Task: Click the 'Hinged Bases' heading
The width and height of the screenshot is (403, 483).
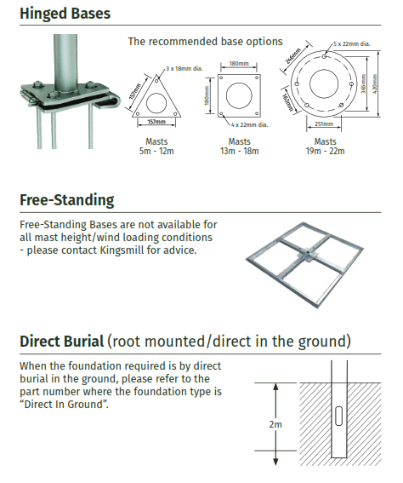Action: pos(65,14)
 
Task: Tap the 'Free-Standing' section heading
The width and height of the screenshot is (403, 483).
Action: pos(67,200)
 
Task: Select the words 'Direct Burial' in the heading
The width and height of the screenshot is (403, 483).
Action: pos(61,342)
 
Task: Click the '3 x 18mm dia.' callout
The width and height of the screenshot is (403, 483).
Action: pos(184,68)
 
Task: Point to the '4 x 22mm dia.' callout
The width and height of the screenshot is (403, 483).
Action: pos(250,124)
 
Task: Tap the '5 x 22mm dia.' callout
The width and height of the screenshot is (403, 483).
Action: pos(352,43)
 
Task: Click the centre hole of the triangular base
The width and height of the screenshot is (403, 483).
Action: pos(156,104)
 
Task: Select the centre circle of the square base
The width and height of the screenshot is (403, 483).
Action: pos(239,95)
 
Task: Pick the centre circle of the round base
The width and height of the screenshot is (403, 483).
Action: pos(324,83)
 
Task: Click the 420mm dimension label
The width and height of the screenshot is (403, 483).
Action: pos(374,83)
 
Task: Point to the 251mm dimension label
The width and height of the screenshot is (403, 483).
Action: pos(324,124)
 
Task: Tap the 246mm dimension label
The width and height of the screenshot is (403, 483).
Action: pos(293,56)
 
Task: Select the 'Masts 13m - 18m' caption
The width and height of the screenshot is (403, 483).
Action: pos(239,147)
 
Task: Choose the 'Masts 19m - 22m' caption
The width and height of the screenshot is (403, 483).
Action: pos(326,147)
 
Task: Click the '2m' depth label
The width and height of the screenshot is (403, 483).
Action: pos(275,424)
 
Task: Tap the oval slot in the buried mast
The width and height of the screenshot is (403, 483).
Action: pos(338,417)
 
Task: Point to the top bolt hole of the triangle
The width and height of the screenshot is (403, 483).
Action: pos(156,81)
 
